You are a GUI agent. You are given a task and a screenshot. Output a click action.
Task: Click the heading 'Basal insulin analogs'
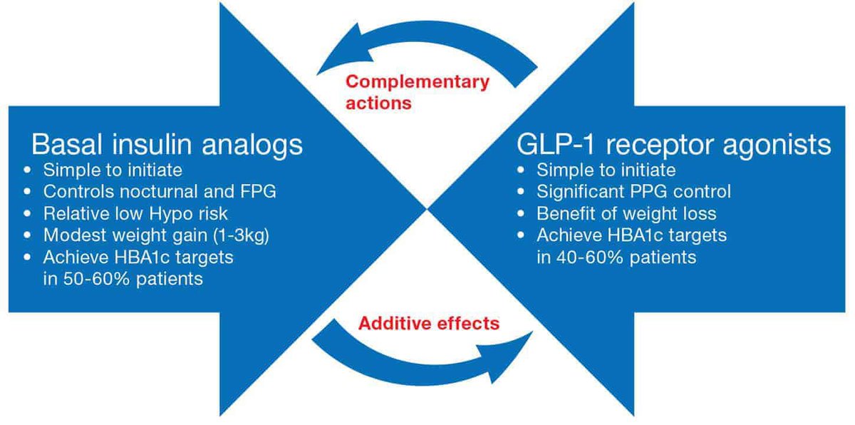point(167,145)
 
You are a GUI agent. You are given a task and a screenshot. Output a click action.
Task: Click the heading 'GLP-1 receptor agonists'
point(674,145)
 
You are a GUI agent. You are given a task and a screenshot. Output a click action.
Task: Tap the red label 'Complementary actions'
point(418,92)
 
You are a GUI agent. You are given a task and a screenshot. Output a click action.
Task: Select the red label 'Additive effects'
point(428,323)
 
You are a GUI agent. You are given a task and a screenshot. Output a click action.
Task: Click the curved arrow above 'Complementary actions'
point(427,49)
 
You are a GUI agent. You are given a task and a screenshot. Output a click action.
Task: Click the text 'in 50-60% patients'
point(122,278)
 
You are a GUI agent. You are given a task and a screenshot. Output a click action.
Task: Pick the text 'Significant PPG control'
point(633,192)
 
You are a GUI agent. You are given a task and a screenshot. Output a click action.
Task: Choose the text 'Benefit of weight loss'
point(627,213)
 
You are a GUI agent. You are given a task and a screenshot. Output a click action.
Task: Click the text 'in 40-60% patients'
point(616,257)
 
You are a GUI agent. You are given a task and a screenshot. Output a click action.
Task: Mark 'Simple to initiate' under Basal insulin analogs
point(112,170)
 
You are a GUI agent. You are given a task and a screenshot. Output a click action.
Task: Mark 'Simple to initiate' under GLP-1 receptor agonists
point(606,170)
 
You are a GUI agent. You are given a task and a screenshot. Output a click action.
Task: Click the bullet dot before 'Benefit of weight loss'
point(522,214)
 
